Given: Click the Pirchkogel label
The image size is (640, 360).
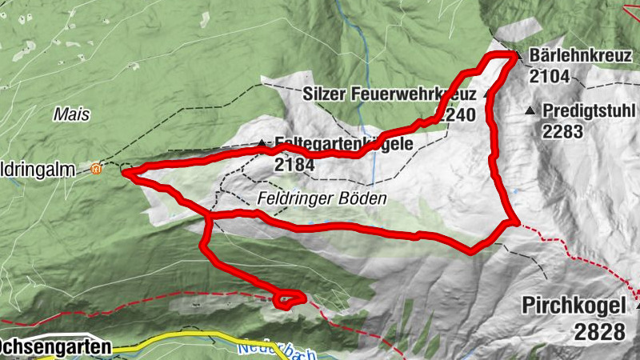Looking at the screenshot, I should coord(574,306).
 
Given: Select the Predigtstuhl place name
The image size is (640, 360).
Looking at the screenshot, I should coord(586,111).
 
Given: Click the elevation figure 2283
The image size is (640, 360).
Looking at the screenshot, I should coord(563,131).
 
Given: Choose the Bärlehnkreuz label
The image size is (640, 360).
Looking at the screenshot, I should coord(578,56).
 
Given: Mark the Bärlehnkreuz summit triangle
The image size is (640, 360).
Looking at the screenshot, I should coord(518,56).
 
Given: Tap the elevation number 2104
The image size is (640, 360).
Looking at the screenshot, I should coord(549,77).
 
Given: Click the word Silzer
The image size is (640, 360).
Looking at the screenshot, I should coord(326,94).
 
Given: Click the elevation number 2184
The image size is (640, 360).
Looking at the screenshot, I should coord(295,165).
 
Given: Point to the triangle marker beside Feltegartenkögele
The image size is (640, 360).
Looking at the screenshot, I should coord(262,144).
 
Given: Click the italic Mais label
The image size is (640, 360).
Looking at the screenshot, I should coord(70,114).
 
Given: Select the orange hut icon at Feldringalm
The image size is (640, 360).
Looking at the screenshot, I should coord(97,168).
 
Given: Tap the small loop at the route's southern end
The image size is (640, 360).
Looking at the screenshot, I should coord(289,299).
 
